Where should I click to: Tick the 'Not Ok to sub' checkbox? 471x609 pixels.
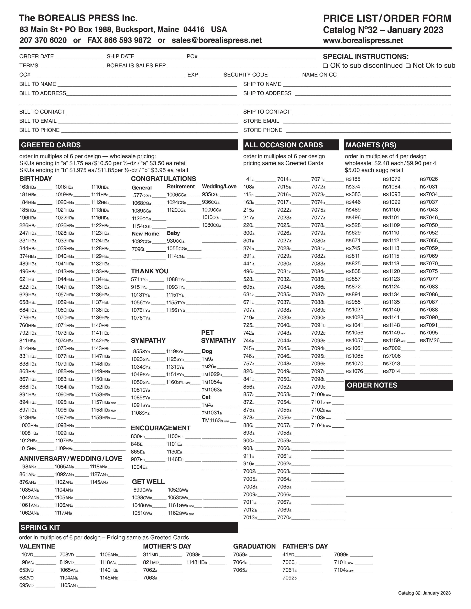(408, 66)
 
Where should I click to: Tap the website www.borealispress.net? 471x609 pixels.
(363, 41)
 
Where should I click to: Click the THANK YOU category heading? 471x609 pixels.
(150, 271)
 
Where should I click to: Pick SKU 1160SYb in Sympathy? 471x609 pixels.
(175, 382)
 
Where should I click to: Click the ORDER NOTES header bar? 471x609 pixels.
(372, 385)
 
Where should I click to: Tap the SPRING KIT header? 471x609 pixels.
(41, 527)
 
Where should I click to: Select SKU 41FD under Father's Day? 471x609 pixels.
(288, 555)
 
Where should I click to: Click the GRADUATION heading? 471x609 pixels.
(254, 546)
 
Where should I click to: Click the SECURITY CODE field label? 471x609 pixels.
(245, 75)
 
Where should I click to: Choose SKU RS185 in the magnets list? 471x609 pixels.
(353, 179)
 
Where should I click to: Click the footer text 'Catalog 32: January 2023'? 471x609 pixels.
(424, 593)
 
